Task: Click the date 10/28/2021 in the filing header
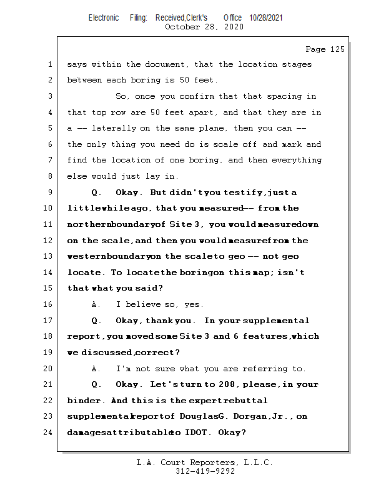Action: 265,18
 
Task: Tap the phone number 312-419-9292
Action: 204,472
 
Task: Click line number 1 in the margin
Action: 49,64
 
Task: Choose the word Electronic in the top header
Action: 104,18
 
